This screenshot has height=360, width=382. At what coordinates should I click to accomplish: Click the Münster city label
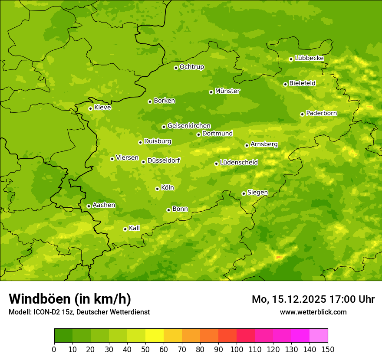[227, 91]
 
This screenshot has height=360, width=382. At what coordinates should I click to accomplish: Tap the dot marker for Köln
[157, 189]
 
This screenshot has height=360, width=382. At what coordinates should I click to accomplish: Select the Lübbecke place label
[309, 58]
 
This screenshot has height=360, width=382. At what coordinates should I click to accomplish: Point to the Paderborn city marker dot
[302, 114]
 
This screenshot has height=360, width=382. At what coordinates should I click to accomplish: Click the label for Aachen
[104, 205]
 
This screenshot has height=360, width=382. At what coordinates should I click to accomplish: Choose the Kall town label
[134, 228]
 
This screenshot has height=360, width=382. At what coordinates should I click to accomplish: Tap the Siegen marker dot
[244, 193]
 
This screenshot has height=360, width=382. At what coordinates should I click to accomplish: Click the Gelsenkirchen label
[189, 126]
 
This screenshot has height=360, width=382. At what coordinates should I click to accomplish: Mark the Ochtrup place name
[191, 67]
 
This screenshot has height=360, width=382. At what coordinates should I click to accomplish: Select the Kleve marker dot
[90, 108]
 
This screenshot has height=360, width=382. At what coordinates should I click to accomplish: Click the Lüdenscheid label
[239, 163]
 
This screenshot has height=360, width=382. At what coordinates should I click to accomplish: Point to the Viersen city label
[127, 158]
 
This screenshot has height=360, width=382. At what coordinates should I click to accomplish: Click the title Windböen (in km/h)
[70, 299]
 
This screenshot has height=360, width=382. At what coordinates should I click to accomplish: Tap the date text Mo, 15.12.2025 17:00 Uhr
[313, 299]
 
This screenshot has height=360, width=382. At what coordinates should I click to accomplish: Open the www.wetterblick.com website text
[313, 312]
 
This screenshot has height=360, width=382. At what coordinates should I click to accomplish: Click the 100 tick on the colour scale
[237, 349]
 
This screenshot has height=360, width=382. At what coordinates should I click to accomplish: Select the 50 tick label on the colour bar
[145, 349]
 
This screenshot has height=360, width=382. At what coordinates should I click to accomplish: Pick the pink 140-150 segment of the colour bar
[319, 336]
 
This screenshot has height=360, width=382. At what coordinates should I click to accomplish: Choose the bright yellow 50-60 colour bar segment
[155, 336]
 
